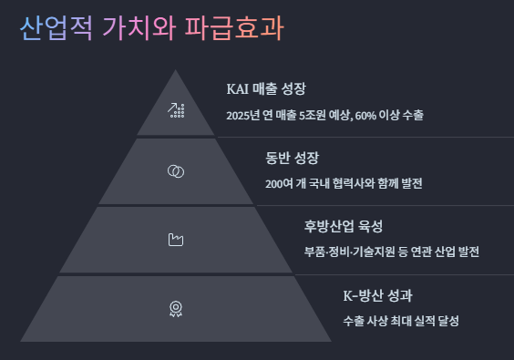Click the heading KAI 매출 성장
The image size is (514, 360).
coord(265,89)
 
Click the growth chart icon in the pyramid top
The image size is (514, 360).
coord(177,110)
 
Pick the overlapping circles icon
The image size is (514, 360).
coord(177,170)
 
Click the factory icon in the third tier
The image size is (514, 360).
coord(177,240)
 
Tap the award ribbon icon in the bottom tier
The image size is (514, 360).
coord(176,308)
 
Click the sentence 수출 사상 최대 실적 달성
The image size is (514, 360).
coord(401,322)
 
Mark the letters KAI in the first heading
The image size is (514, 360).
coord(237,89)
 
